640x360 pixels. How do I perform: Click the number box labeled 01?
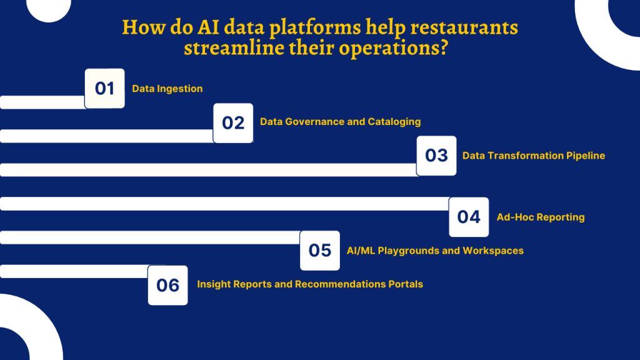[x=104, y=89]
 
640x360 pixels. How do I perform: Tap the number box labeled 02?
[x=233, y=123]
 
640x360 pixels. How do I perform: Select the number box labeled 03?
[x=436, y=156]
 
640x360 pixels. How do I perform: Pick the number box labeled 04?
[x=469, y=217]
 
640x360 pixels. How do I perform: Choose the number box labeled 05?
[x=319, y=251]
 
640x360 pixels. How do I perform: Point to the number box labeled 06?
[x=167, y=285]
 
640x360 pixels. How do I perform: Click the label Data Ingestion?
[x=167, y=89]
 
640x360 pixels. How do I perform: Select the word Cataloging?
[x=394, y=121]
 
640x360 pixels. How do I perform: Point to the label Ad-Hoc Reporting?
[x=541, y=217]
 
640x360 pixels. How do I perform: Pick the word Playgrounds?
[x=409, y=251]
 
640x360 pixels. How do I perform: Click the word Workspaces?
[x=493, y=251]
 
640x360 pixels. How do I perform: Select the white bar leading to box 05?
[x=150, y=237]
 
